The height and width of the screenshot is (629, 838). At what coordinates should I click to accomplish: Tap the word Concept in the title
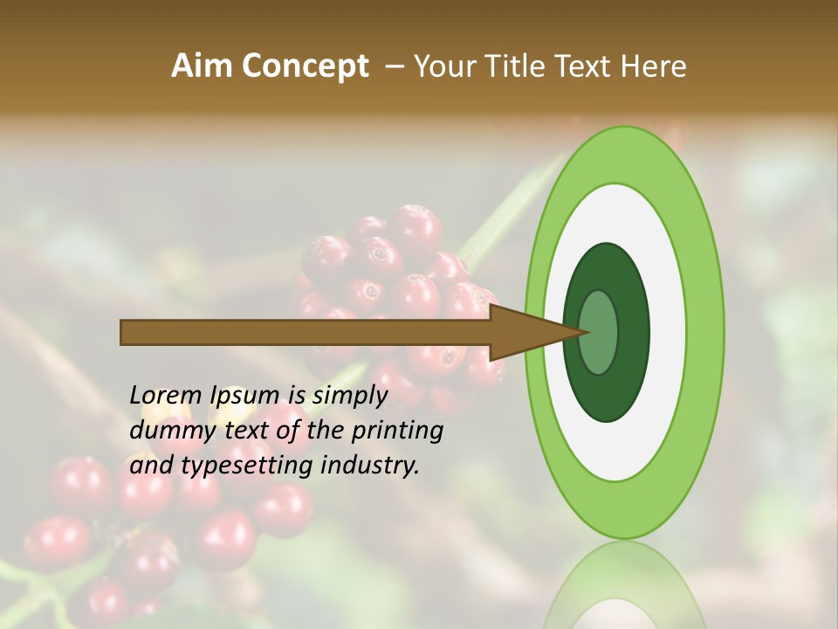click(x=306, y=66)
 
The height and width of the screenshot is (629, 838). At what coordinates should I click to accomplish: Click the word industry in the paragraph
click(x=370, y=466)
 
